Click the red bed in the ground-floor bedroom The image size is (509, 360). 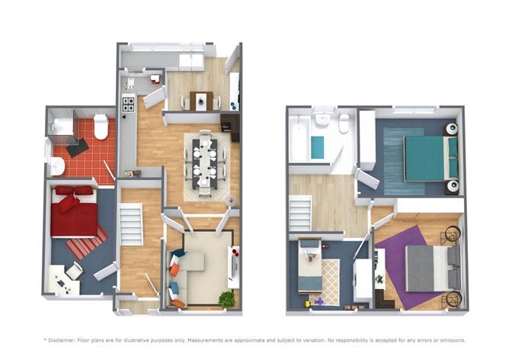75,211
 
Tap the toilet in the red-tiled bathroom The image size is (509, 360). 101,127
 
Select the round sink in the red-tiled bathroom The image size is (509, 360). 58,166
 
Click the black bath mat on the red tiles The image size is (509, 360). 77,147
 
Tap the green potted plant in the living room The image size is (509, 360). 226,300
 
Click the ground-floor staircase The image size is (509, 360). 133,224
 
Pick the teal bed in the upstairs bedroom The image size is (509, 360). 430,157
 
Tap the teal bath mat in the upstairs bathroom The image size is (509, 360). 317,147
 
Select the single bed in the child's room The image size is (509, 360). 309,268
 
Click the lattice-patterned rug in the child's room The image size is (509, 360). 331,281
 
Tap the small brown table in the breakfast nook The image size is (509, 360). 203,101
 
